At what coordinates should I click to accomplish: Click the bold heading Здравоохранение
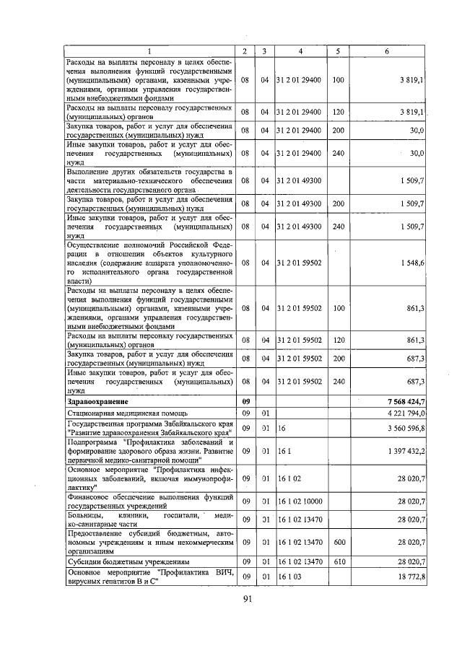97,401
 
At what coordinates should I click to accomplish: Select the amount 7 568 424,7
405,401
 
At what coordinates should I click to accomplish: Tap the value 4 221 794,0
406,413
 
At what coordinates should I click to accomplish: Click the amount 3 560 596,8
406,428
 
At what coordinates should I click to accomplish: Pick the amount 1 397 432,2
406,450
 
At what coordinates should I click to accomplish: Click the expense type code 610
336,561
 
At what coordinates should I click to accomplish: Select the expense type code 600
336,540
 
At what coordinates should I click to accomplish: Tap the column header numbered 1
149,51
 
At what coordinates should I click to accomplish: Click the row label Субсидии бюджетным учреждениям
128,561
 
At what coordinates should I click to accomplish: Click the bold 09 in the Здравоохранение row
245,401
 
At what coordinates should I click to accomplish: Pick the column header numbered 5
336,51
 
